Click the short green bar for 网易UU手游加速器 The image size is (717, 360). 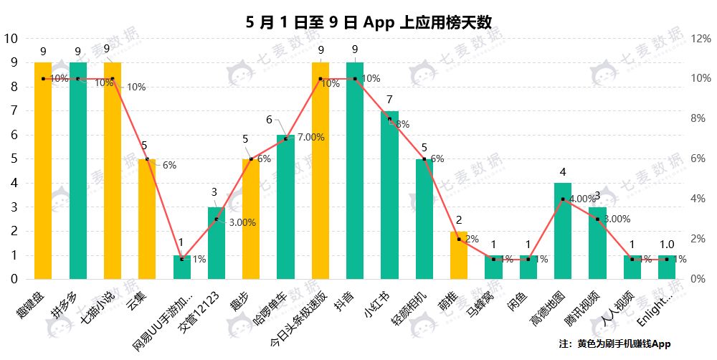[x=182, y=267]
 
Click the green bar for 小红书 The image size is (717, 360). [x=389, y=194]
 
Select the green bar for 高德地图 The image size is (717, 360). [x=563, y=230]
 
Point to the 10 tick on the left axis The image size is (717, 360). [x=11, y=39]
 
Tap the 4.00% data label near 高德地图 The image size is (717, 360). [x=582, y=199]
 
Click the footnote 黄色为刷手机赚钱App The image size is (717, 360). [x=624, y=344]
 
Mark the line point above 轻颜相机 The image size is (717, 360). [x=424, y=158]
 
